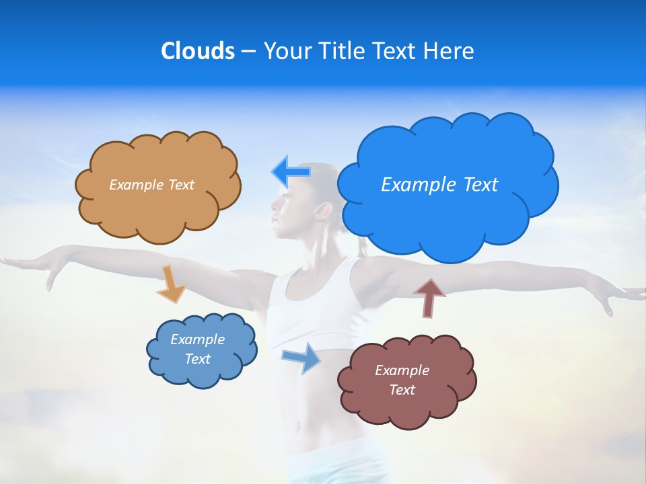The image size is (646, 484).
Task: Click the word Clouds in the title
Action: pos(197,51)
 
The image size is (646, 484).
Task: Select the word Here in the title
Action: pos(450,51)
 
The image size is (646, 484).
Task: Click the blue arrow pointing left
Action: pos(291,172)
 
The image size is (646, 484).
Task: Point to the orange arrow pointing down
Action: pos(171,283)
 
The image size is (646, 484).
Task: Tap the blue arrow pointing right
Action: pos(302,358)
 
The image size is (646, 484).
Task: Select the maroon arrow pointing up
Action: pos(429,298)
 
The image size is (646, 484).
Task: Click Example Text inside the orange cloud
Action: pos(151,185)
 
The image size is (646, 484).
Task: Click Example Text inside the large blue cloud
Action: pos(439,185)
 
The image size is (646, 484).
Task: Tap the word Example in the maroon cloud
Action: pos(402,370)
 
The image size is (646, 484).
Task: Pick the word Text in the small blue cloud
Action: pos(198,359)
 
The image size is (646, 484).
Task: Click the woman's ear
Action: pos(324,210)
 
